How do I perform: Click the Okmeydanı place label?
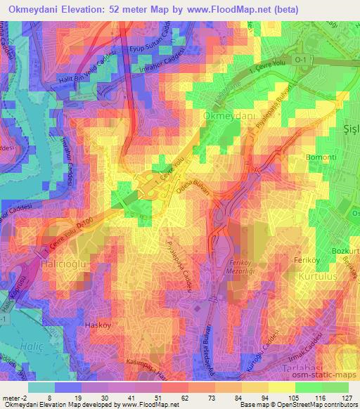coord(227,115)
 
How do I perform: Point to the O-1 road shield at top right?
coord(300,61)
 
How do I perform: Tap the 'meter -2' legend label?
coord(13,397)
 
